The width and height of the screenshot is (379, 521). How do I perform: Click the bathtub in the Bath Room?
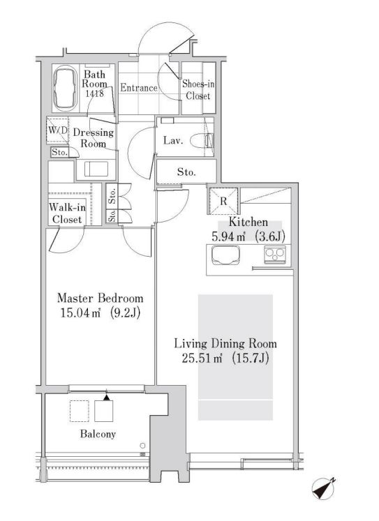(x=65, y=88)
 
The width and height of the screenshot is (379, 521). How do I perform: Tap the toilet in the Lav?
(x=202, y=141)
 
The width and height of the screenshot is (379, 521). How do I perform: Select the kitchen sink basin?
(x=225, y=255)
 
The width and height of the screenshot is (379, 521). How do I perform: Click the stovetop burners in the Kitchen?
(x=274, y=255)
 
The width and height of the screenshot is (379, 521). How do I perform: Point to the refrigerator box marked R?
(x=223, y=202)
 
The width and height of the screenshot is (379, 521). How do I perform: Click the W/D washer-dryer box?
(x=57, y=130)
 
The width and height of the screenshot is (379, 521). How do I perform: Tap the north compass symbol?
(x=323, y=488)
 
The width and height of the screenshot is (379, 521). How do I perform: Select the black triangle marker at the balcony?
(x=106, y=398)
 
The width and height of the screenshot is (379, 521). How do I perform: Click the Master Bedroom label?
(x=100, y=298)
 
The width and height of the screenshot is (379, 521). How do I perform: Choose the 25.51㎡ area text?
(x=202, y=358)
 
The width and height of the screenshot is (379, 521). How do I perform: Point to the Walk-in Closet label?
(x=67, y=213)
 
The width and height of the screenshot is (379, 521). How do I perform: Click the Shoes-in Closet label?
(x=198, y=90)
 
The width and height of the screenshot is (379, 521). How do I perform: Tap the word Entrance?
(x=139, y=88)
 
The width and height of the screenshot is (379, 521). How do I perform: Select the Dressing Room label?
(x=94, y=138)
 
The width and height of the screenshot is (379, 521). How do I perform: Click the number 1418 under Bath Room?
(x=94, y=93)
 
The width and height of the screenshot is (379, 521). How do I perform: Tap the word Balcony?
(x=98, y=434)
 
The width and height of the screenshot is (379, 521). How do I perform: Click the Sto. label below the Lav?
(x=186, y=172)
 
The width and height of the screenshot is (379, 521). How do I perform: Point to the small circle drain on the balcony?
(x=142, y=445)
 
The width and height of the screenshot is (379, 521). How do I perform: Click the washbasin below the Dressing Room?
(x=96, y=169)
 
